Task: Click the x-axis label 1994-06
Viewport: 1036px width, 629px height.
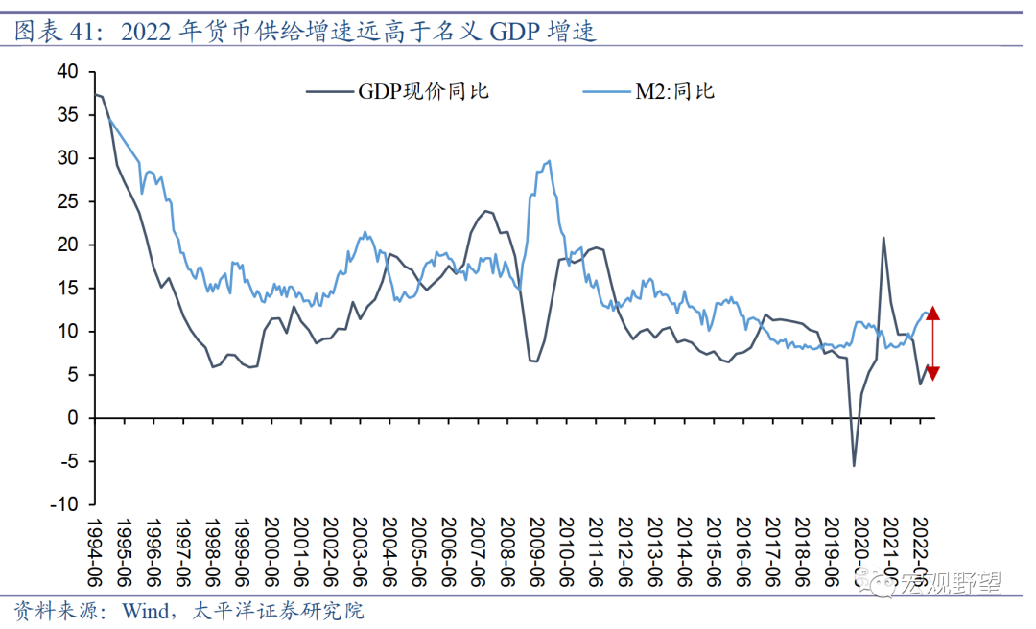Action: click(97, 550)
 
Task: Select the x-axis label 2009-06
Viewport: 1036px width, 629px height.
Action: click(536, 550)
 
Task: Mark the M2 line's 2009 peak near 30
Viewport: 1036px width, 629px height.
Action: click(548, 161)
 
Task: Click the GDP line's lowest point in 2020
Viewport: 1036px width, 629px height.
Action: click(854, 465)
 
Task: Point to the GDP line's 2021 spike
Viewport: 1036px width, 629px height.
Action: click(883, 238)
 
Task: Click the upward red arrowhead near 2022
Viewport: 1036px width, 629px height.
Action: click(932, 312)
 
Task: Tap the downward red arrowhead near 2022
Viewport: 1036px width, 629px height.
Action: click(932, 372)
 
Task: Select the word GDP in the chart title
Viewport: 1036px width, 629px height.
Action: click(514, 32)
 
